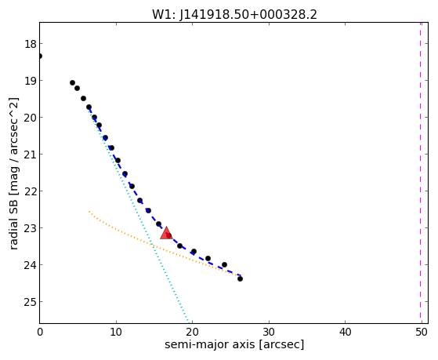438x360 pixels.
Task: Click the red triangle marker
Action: pos(166,233)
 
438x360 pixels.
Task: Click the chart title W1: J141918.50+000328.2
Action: pos(234,14)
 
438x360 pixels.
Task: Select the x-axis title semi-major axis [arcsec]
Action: pos(234,344)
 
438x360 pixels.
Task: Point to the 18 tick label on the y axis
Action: pos(30,44)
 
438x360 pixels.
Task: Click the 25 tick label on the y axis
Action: pos(30,302)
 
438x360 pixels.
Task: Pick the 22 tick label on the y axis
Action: pos(30,191)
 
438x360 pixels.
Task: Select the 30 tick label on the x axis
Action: pos(269,332)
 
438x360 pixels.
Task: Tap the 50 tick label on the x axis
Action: pos(422,332)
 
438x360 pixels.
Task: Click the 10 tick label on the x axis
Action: pos(116,332)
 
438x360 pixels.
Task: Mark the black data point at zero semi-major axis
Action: pos(40,56)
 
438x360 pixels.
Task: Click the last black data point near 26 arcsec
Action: pos(240,278)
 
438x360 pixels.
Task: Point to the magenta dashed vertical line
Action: pos(420,173)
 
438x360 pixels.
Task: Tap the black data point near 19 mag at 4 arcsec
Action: pos(72,83)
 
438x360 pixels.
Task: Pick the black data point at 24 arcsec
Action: pos(224,264)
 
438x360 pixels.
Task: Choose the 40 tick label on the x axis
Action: pos(345,332)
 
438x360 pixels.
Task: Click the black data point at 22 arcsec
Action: pos(208,259)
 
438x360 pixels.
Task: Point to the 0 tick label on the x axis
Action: pos(40,332)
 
